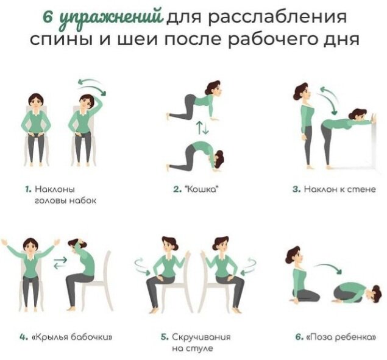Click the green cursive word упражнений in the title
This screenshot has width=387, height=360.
[x=112, y=18]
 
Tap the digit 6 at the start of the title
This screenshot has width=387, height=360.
[x=47, y=16]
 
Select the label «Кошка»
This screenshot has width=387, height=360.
[x=202, y=189]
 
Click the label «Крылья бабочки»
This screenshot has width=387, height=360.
[x=73, y=337]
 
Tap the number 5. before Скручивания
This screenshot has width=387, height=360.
[x=165, y=337]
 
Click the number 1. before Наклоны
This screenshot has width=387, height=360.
[x=29, y=189]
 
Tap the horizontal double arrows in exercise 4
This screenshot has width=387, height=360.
[x=60, y=263]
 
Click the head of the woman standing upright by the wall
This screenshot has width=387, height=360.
[x=302, y=92]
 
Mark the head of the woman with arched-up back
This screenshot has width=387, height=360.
[x=218, y=159]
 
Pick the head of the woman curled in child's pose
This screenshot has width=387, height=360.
[x=373, y=293]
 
